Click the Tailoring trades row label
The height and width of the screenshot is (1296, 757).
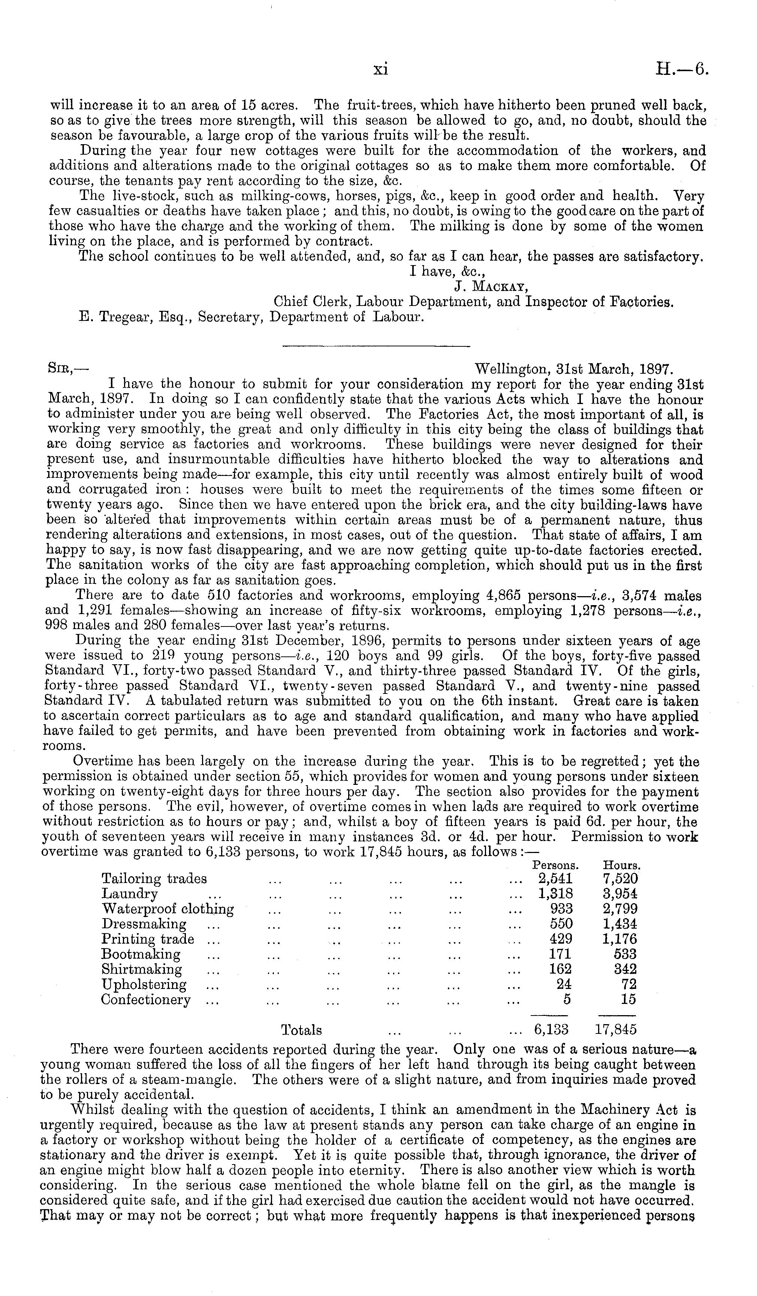pyautogui.click(x=154, y=878)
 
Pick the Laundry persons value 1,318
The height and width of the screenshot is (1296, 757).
pyautogui.click(x=555, y=894)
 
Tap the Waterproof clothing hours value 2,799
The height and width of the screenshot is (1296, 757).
pyautogui.click(x=620, y=909)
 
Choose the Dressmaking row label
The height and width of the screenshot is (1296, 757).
pyautogui.click(x=144, y=924)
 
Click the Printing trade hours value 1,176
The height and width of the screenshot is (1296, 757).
pyautogui.click(x=620, y=939)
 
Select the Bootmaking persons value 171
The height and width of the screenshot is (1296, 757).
pyautogui.click(x=561, y=954)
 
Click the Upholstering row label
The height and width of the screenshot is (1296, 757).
pyautogui.click(x=144, y=984)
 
